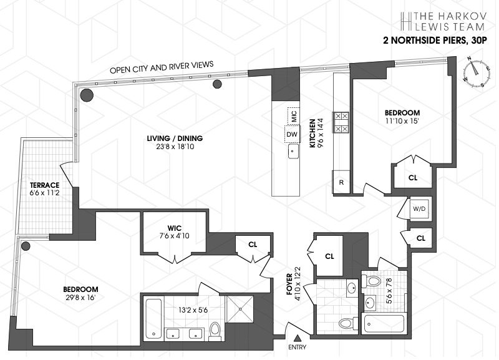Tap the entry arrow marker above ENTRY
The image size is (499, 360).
click(x=298, y=337)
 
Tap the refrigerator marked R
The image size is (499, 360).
click(x=341, y=183)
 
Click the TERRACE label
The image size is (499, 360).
click(x=44, y=185)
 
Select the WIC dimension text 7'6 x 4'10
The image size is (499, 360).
click(x=174, y=236)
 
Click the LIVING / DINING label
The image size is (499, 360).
click(x=175, y=139)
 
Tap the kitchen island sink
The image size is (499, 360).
click(x=291, y=151)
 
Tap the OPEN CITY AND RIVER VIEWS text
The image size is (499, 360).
click(x=162, y=67)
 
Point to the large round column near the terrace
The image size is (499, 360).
click(x=86, y=95)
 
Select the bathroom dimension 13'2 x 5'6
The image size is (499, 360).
click(x=180, y=309)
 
